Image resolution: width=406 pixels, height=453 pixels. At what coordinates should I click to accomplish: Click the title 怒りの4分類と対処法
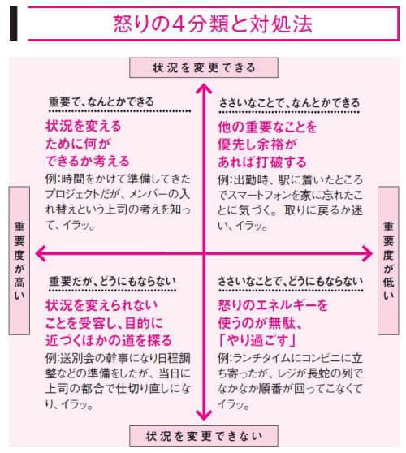tap(213, 24)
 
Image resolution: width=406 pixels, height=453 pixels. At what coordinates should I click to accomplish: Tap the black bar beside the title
tap(13, 24)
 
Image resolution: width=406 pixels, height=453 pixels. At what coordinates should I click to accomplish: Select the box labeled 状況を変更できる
tap(204, 67)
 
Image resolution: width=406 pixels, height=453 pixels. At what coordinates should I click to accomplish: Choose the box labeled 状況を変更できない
tap(204, 436)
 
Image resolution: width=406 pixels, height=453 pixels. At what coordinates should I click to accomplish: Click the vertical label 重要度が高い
tap(19, 261)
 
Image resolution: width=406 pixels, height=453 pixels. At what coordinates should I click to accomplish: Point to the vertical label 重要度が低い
tap(388, 261)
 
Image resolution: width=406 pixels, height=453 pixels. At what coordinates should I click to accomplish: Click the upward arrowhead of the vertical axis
tap(204, 88)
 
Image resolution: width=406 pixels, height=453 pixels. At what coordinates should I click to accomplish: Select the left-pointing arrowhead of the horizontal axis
tap(41, 253)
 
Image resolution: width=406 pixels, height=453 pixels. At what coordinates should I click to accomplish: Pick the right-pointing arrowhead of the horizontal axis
tap(367, 253)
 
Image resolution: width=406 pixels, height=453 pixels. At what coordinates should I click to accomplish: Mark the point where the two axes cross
tap(204, 253)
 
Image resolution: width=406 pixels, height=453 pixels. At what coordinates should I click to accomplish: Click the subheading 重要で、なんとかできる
tap(101, 102)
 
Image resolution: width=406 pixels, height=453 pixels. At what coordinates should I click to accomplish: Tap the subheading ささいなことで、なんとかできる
tap(289, 103)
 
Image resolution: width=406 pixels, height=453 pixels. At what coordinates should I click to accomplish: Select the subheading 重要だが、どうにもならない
tap(112, 282)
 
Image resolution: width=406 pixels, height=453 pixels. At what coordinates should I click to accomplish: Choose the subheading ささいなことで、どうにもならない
tap(290, 282)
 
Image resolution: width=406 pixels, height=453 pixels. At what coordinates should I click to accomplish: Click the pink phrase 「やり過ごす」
tap(257, 341)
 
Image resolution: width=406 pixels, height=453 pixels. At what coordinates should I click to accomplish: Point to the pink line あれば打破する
tap(262, 162)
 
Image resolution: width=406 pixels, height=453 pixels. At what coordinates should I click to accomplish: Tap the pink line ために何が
tap(78, 144)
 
